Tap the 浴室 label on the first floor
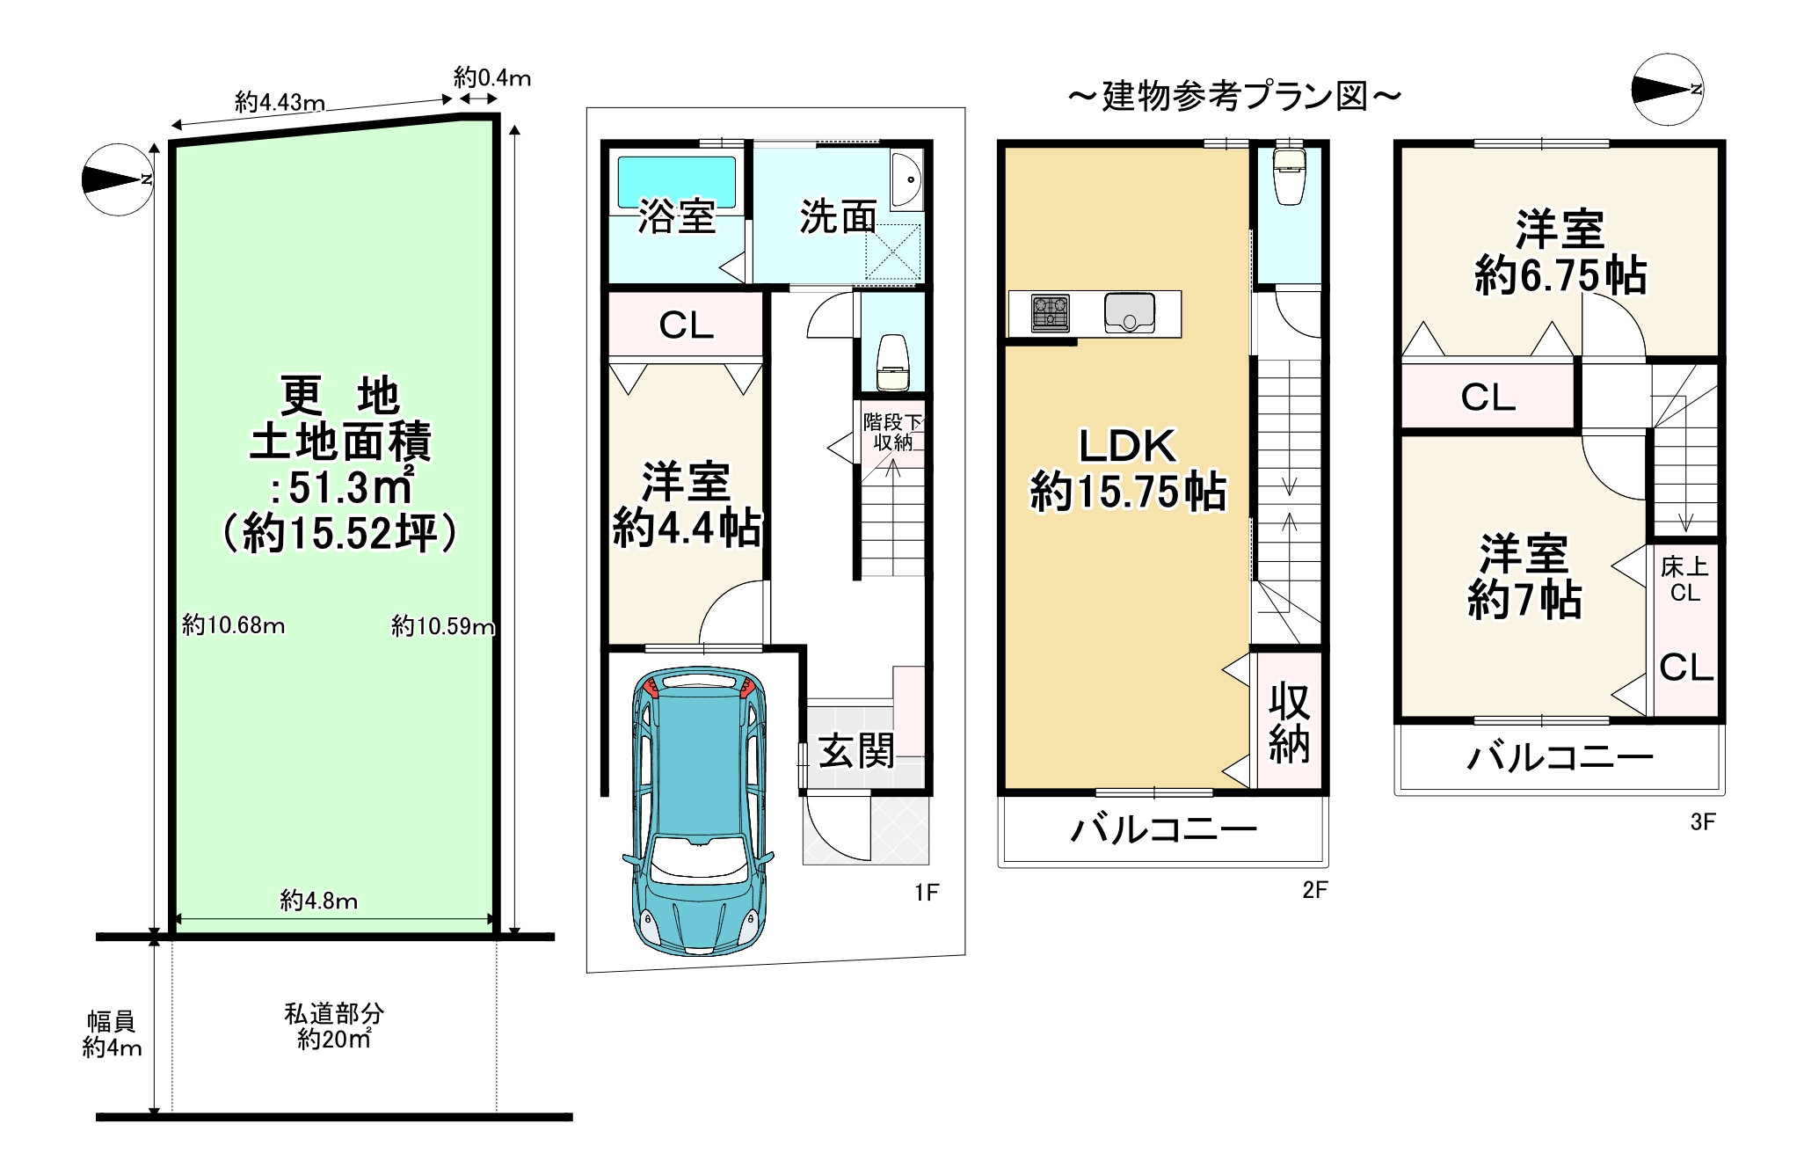point(676,216)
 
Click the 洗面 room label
point(838,216)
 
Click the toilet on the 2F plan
point(1288,176)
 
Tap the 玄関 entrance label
point(856,750)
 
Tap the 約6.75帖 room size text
point(1560,276)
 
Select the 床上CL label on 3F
point(1684,580)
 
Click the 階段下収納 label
point(892,432)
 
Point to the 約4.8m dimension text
point(319,901)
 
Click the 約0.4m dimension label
point(491,77)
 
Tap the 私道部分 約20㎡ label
point(334,1026)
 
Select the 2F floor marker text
point(1314,890)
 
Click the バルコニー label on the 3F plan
point(1559,757)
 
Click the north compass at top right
point(1667,91)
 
